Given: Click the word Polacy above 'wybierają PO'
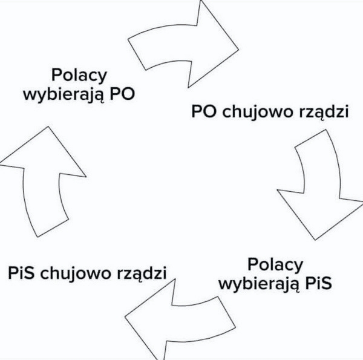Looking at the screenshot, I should (x=79, y=76).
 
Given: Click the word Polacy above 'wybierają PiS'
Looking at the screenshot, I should (x=275, y=264).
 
